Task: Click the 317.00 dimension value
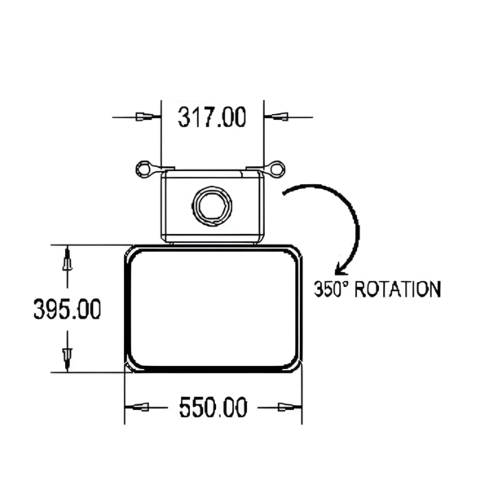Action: point(212,118)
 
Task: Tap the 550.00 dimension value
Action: point(213,407)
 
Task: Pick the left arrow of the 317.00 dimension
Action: point(146,117)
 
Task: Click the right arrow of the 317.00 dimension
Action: point(278,117)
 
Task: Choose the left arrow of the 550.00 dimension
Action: point(141,407)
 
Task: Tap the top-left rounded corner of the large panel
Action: point(133,255)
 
